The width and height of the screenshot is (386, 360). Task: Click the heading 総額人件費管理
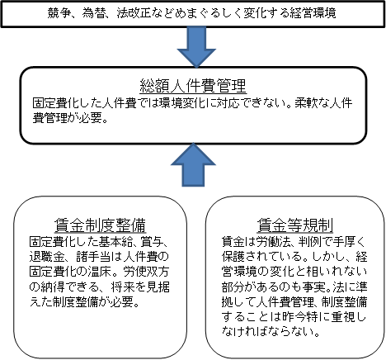[x=193, y=86]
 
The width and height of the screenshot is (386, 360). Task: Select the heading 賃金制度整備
[x=100, y=225]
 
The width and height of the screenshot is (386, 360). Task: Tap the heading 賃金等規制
[x=295, y=225]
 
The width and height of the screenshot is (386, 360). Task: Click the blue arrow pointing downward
[x=196, y=47]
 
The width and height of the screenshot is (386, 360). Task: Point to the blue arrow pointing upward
[x=193, y=164]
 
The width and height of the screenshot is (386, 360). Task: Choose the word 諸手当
[x=93, y=257]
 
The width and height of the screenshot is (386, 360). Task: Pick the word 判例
[x=308, y=242]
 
